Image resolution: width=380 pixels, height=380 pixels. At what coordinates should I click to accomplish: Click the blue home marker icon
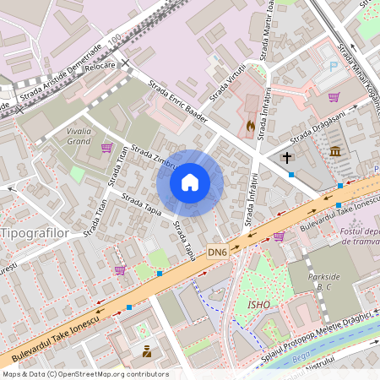point(190,182)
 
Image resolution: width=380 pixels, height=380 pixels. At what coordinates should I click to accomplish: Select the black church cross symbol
point(286,157)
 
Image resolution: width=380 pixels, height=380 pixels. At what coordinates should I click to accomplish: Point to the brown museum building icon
point(336,151)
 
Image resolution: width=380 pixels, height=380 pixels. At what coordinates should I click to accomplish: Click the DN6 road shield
point(218,252)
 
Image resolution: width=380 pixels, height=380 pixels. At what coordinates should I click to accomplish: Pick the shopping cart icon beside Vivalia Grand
point(106,148)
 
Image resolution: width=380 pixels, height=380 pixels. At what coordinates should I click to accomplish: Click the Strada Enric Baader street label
point(177,101)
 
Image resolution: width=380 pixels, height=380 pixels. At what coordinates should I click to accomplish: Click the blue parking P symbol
point(334,66)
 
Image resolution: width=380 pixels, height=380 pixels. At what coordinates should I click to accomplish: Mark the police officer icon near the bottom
point(146,351)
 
